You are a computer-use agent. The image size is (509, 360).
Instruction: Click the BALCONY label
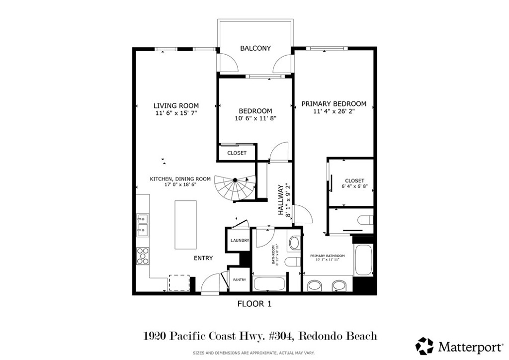tap(255, 48)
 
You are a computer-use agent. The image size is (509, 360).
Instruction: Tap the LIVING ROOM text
tap(176, 105)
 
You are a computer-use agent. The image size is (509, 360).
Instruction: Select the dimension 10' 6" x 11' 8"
tap(255, 118)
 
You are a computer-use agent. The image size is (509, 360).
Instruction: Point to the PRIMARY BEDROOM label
tap(334, 104)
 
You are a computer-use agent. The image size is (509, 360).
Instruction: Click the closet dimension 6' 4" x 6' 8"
tap(354, 186)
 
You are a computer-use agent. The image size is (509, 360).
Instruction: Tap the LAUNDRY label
tap(239, 241)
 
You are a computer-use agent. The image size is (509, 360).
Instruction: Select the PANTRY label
tap(239, 280)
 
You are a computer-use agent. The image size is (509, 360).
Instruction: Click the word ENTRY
tap(203, 258)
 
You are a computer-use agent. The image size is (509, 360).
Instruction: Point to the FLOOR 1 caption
tap(254, 303)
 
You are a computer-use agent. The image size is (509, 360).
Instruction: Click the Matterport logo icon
tap(424, 346)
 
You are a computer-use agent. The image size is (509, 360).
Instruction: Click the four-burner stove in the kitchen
tap(143, 256)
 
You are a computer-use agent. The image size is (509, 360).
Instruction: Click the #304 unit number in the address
tap(279, 337)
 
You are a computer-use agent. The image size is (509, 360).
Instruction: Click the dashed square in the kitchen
tap(179, 282)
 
